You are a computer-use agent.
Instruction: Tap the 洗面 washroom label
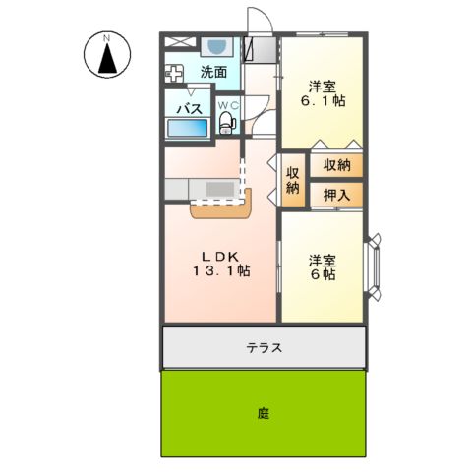pos(213,72)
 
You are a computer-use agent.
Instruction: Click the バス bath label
pos(189,107)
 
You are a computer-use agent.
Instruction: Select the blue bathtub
pos(187,128)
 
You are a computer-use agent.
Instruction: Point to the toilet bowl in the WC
pos(227,123)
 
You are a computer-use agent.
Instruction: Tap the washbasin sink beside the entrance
pos(214,46)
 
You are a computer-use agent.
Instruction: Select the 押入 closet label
pos(337,195)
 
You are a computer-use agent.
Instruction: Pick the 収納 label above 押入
pos(337,165)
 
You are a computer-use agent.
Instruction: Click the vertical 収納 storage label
pos(292,181)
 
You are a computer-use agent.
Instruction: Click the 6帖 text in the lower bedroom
pos(323,277)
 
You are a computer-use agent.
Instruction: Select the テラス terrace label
pos(265,347)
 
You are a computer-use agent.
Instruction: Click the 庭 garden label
pos(264,413)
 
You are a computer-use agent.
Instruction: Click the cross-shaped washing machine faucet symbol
pos(175,73)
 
